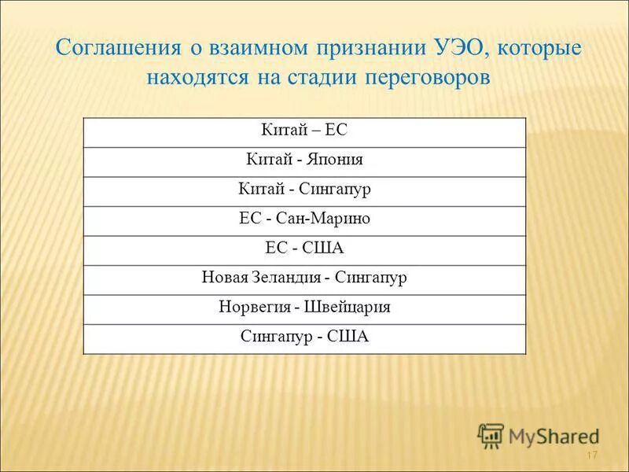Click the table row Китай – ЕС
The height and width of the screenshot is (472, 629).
pos(303,132)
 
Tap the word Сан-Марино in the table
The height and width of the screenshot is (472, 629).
pos(323,219)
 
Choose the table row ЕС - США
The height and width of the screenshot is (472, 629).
pos(303,249)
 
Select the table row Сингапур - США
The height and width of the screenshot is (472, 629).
pos(303,337)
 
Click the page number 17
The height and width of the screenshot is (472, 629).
pos(592,458)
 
